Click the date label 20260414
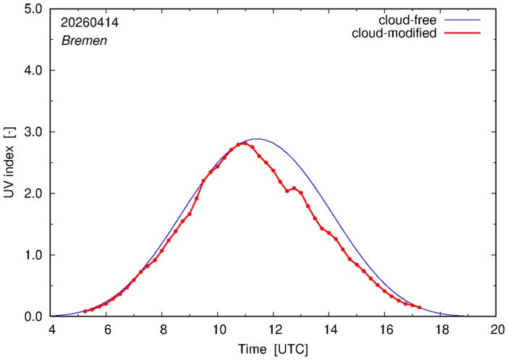pos(90,22)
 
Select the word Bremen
pos(84,41)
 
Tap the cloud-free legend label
pos(407,20)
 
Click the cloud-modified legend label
pos(394,33)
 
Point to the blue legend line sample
pos(462,20)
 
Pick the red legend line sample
pos(462,33)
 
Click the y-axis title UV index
pos(9,172)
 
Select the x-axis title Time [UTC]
pos(273,349)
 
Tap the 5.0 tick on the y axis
pos(33,9)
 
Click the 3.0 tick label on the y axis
pos(33,132)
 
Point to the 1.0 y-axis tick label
pos(33,255)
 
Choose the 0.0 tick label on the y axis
pos(33,317)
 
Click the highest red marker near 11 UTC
pos(245,143)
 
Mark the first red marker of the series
pos(85,311)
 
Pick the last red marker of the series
pos(419,307)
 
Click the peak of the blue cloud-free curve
pos(257,139)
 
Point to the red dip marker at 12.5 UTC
pos(287,191)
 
